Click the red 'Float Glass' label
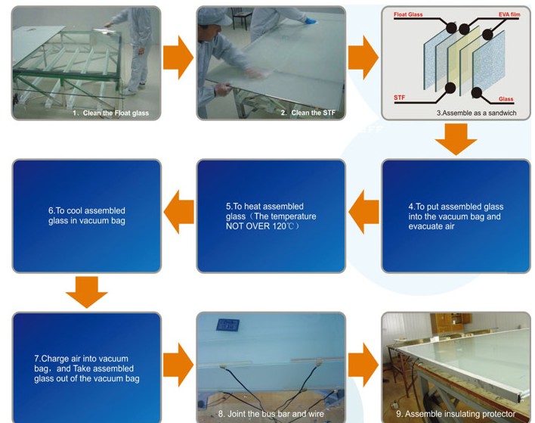click(x=408, y=14)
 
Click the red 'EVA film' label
click(x=509, y=14)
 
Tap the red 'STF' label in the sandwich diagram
click(x=399, y=98)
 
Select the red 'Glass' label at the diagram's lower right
click(x=506, y=98)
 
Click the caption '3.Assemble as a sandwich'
click(x=476, y=113)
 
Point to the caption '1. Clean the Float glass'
click(x=110, y=113)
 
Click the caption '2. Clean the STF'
click(x=308, y=113)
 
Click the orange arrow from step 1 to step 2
click(x=178, y=58)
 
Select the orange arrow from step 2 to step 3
click(x=363, y=58)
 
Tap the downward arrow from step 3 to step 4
click(x=456, y=139)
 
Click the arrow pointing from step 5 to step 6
click(x=179, y=212)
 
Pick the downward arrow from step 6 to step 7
click(x=87, y=292)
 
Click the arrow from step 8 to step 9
click(x=363, y=365)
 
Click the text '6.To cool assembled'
click(x=87, y=210)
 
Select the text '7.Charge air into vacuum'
click(x=81, y=359)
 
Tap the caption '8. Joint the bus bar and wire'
click(x=271, y=414)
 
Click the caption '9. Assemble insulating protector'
click(x=456, y=414)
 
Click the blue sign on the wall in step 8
click(x=227, y=325)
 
